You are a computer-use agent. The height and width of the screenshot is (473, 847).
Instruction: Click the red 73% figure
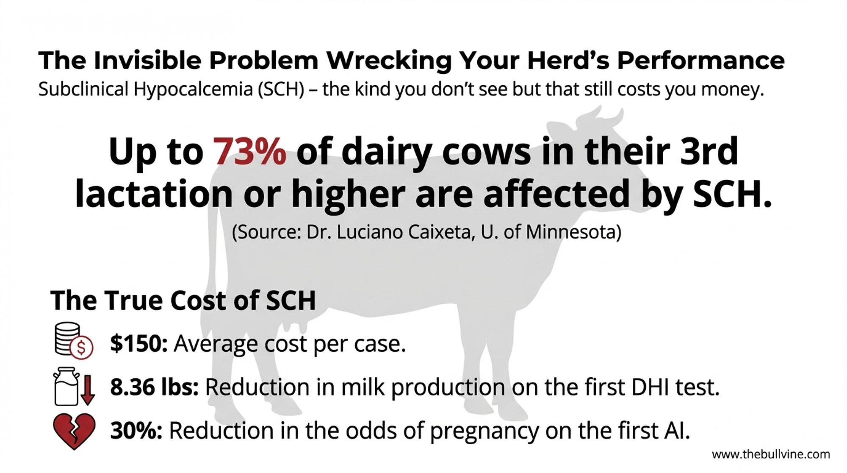point(249,152)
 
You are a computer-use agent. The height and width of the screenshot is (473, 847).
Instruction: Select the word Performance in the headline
point(700,60)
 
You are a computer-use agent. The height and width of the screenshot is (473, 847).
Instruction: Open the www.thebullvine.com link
point(771,455)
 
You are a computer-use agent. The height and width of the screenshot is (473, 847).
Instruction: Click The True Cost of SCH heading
point(183,300)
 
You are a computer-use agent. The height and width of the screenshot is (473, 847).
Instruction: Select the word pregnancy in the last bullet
point(484,431)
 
